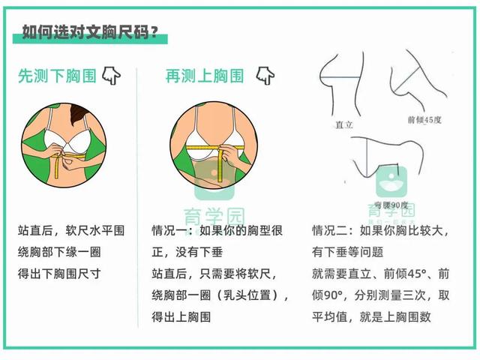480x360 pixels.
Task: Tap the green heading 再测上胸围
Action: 204,76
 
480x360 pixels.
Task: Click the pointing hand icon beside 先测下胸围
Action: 112,75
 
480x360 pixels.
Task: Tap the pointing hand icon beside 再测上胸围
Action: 265,75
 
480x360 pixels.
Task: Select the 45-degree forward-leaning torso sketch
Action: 416,80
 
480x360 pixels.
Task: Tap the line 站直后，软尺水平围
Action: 70,230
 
